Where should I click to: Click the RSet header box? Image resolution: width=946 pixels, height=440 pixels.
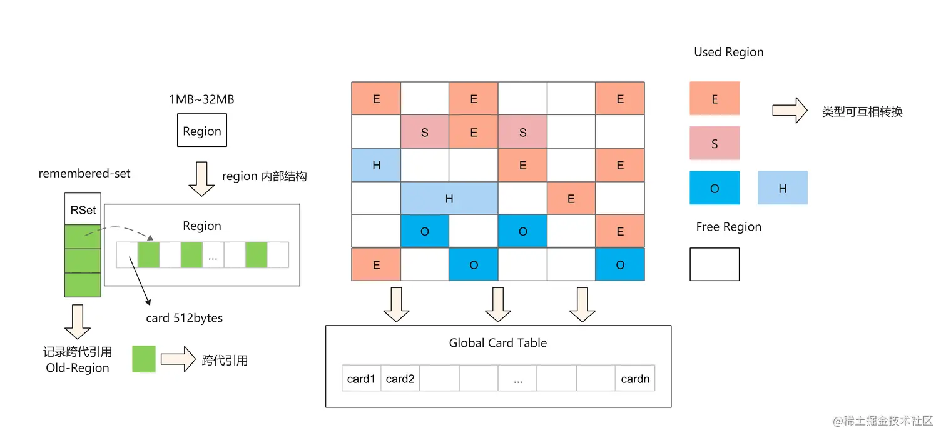[83, 210]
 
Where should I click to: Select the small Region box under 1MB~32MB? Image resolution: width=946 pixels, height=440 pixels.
[202, 131]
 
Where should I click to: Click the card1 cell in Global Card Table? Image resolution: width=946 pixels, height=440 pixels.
[361, 379]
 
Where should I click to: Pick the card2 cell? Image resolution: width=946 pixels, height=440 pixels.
[400, 379]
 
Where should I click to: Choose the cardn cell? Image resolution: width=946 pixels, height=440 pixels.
[635, 379]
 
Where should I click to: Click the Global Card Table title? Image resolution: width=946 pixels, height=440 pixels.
[498, 343]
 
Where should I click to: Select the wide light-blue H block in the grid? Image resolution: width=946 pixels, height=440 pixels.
[449, 199]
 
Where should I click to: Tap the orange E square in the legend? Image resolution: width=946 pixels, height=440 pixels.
[715, 99]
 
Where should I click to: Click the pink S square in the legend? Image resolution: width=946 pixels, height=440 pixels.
[715, 143]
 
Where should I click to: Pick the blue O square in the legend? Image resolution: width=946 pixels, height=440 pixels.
[715, 188]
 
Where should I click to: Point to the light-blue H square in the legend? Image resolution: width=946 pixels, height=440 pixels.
[782, 188]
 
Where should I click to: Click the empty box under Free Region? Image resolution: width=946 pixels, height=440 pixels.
[715, 264]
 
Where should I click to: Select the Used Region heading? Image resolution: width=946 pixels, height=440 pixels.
[729, 52]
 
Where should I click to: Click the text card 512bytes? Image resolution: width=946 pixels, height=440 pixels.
[184, 318]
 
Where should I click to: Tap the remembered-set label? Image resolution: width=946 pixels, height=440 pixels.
[84, 174]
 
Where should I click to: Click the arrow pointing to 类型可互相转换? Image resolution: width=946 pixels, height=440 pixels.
[790, 111]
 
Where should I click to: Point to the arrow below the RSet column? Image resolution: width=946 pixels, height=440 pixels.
[78, 321]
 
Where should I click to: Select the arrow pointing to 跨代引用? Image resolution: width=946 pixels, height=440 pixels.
[178, 359]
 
